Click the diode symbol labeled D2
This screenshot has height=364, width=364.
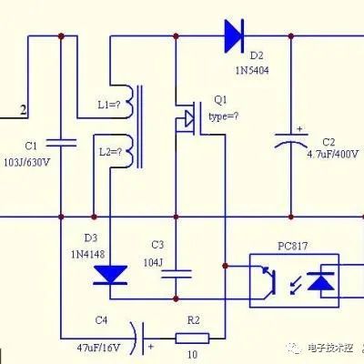pos(233,36)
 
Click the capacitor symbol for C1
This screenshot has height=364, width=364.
pos(62,142)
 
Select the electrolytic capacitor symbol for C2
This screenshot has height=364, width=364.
pos(291,142)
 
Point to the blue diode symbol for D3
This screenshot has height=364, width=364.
pos(112,272)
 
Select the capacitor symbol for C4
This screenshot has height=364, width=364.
pos(136,338)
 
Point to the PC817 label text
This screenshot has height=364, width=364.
pos(292,246)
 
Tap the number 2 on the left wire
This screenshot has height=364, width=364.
pos(24,110)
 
